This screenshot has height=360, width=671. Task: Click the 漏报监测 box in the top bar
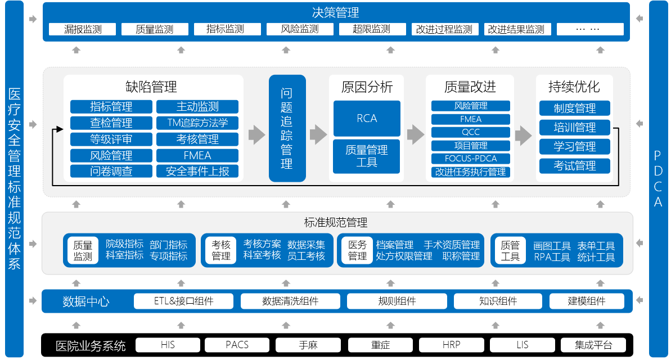point(83,29)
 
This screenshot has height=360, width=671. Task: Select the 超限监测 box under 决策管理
point(371,29)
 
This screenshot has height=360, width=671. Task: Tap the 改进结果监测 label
point(516,29)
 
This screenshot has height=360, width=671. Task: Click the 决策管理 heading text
point(335,12)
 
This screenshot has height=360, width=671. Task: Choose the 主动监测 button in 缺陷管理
point(197,106)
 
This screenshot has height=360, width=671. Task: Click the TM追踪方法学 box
point(197,123)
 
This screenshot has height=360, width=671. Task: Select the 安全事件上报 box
point(197,172)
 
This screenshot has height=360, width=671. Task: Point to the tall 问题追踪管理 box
point(286,128)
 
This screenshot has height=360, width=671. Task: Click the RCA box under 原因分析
point(367,118)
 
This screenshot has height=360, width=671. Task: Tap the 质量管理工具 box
point(367,156)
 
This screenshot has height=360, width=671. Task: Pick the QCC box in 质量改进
point(471,132)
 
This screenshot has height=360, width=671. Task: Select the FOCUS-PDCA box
point(471,159)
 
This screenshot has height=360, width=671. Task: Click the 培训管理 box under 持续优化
point(574,127)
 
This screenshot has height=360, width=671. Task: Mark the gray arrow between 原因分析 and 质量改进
point(415,134)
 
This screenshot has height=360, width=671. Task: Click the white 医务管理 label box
point(357,250)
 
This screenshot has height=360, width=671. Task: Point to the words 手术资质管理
point(452,245)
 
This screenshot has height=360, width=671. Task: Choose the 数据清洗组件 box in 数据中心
point(290,301)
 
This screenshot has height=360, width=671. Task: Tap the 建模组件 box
point(587,301)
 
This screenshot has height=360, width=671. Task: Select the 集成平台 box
point(593,345)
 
